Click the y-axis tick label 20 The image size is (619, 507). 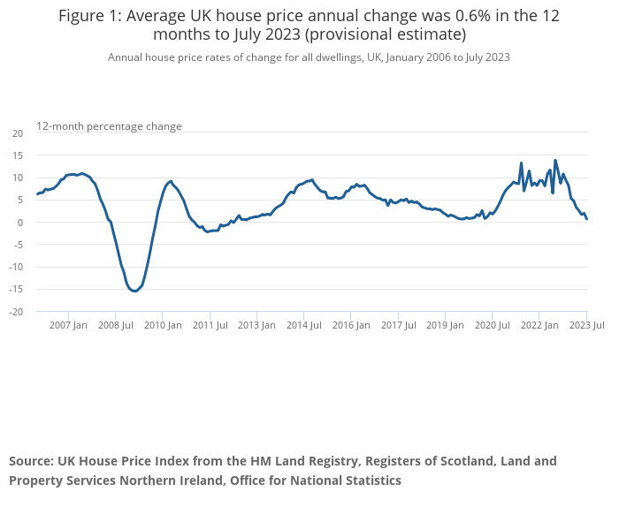tap(18, 133)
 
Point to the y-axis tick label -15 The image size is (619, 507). tap(16, 290)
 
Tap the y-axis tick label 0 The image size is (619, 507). tap(20, 223)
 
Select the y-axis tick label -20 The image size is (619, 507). tap(16, 312)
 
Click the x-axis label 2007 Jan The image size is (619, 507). tap(68, 325)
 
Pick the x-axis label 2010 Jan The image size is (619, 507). tap(163, 325)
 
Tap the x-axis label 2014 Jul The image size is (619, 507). tap(304, 325)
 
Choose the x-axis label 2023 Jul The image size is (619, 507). tap(586, 325)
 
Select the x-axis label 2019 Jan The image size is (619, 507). tap(445, 325)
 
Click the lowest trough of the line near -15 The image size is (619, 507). tap(134, 291)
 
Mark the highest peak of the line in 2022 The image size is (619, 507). tap(555, 161)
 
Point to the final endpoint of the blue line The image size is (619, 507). tap(586, 219)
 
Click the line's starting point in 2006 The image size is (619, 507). tap(37, 194)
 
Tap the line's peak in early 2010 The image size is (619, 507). tap(171, 181)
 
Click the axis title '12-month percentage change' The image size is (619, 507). tap(110, 126)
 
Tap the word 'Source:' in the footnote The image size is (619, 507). tap(32, 461)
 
